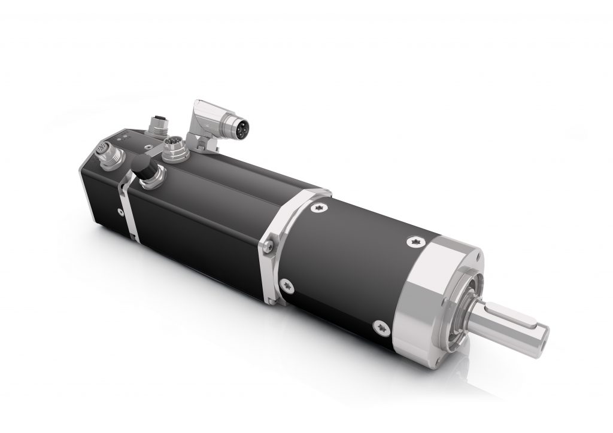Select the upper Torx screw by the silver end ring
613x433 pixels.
pyautogui.click(x=416, y=241)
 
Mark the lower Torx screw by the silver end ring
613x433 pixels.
pyautogui.click(x=381, y=327)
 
